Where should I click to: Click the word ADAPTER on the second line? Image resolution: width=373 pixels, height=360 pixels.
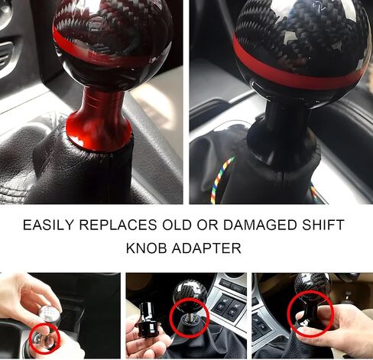pos(206,248)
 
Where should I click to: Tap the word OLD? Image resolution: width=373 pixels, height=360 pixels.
pos(177,225)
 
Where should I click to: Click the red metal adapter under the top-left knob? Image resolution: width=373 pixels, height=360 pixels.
pos(99,121)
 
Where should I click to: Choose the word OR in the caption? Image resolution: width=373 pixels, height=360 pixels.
pos(208,225)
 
